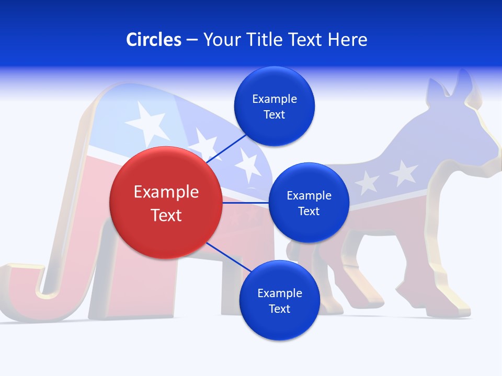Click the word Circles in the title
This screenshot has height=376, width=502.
coord(153,39)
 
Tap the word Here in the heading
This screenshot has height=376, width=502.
coord(347,39)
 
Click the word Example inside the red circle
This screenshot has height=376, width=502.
coord(166,192)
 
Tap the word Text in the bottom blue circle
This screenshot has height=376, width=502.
coord(279,309)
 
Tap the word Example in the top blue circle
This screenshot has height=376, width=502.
coord(274,99)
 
